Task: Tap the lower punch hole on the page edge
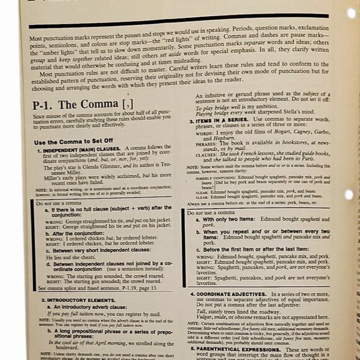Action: tap(350, 194)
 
